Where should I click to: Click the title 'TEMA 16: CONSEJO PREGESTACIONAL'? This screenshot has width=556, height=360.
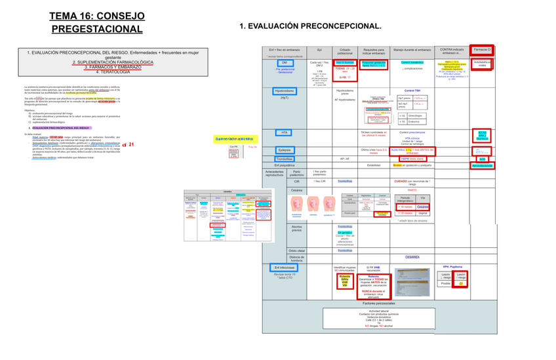[x=100, y=22]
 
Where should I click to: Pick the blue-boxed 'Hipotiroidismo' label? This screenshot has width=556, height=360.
[x=285, y=90]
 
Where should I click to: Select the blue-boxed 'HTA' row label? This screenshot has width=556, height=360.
[x=285, y=132]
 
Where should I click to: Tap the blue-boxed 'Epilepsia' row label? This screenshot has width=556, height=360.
[x=285, y=150]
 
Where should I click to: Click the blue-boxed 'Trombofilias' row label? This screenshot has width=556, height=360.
[x=285, y=159]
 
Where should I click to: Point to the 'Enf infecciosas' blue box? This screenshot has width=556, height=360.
[x=285, y=268]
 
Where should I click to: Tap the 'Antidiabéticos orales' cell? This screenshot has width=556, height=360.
[x=482, y=64]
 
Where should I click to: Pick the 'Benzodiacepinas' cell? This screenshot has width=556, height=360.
[x=482, y=165]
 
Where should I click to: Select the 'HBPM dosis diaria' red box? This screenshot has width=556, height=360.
[x=414, y=159]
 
